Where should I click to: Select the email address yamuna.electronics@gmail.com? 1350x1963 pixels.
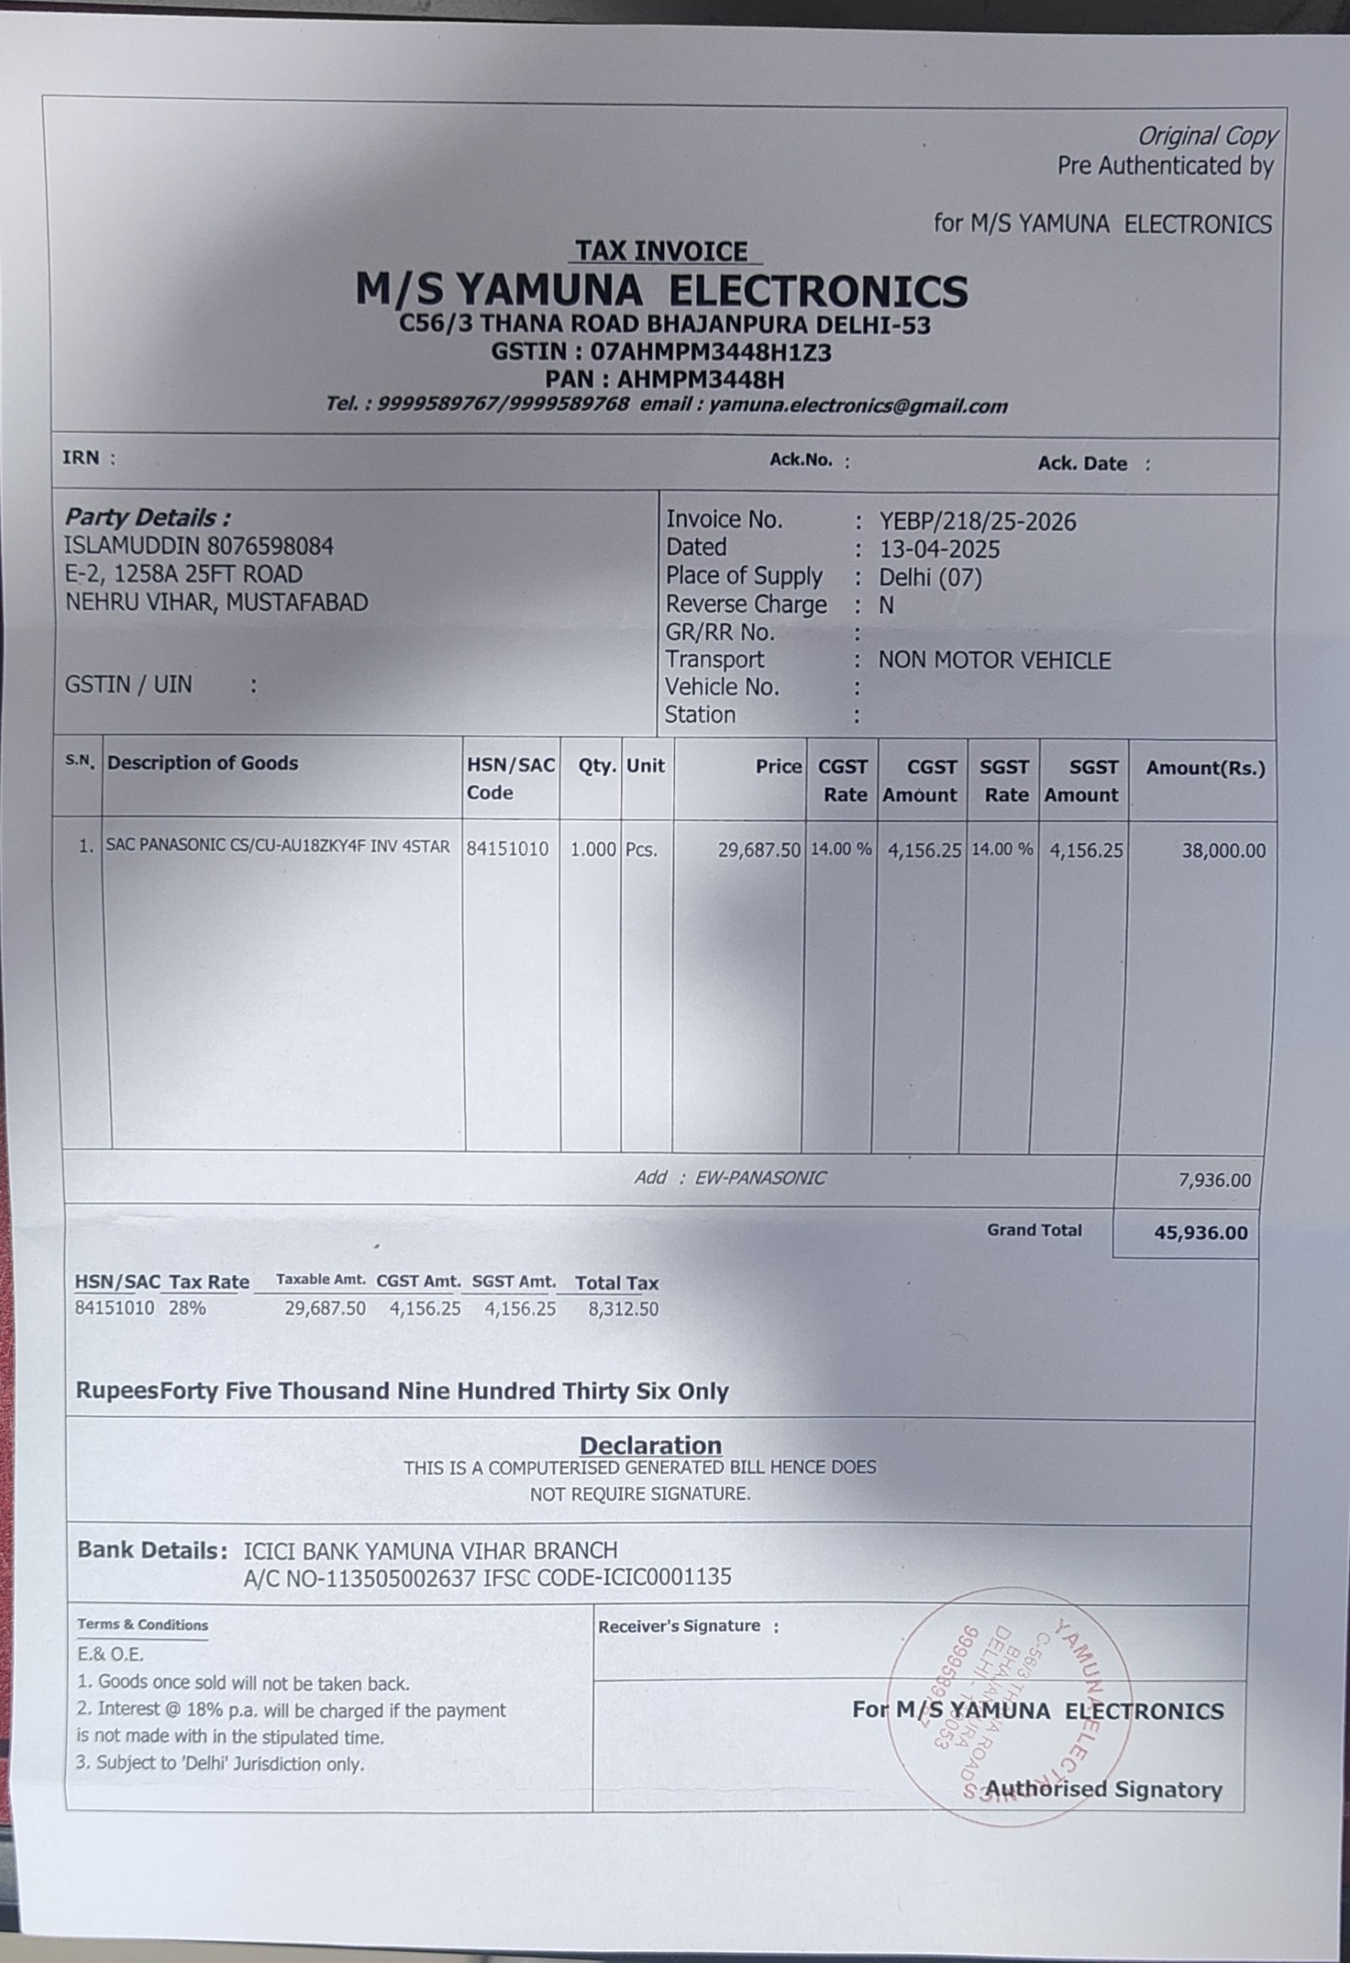[x=858, y=406]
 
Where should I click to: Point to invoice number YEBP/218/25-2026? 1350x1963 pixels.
[x=977, y=522]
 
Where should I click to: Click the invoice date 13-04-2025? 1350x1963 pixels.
[x=939, y=550]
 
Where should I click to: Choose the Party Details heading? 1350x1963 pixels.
[x=147, y=517]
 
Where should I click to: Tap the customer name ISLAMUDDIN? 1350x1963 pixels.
[x=132, y=547]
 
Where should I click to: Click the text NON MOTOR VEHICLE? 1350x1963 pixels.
[x=994, y=661]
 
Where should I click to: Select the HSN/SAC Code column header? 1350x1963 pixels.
[x=510, y=779]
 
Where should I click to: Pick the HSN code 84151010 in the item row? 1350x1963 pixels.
[x=508, y=849]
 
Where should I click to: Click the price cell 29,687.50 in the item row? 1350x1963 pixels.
[x=759, y=850]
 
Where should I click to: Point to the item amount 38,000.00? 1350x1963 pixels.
[x=1223, y=852]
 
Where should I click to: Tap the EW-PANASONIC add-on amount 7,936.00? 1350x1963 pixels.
[x=1214, y=1181]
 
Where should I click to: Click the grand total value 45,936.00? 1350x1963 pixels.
[x=1201, y=1233]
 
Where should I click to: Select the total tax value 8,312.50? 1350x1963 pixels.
[x=623, y=1310]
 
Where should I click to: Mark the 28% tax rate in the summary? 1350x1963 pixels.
[x=187, y=1308]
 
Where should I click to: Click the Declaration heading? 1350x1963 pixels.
[x=651, y=1445]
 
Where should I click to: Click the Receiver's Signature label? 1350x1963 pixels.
[x=679, y=1626]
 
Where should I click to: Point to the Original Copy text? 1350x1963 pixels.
[x=1207, y=136]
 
